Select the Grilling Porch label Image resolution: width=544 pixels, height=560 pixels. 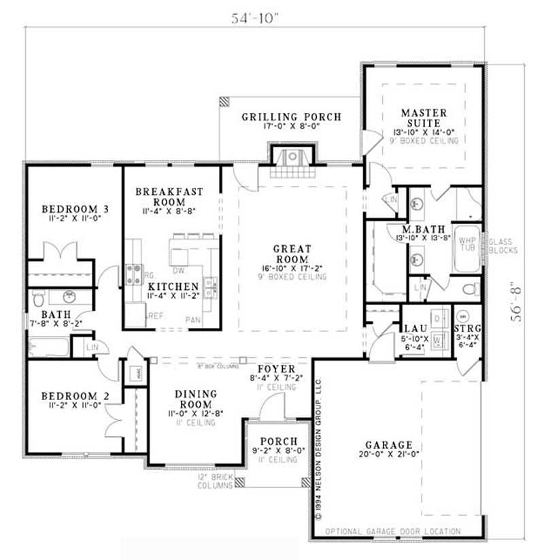click(291, 117)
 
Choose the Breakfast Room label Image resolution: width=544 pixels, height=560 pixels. click(170, 197)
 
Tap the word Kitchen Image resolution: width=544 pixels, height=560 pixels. click(173, 286)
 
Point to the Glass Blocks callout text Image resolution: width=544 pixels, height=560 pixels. click(504, 246)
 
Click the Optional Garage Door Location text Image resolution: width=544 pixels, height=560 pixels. click(392, 531)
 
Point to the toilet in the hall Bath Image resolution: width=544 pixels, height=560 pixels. click(39, 298)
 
